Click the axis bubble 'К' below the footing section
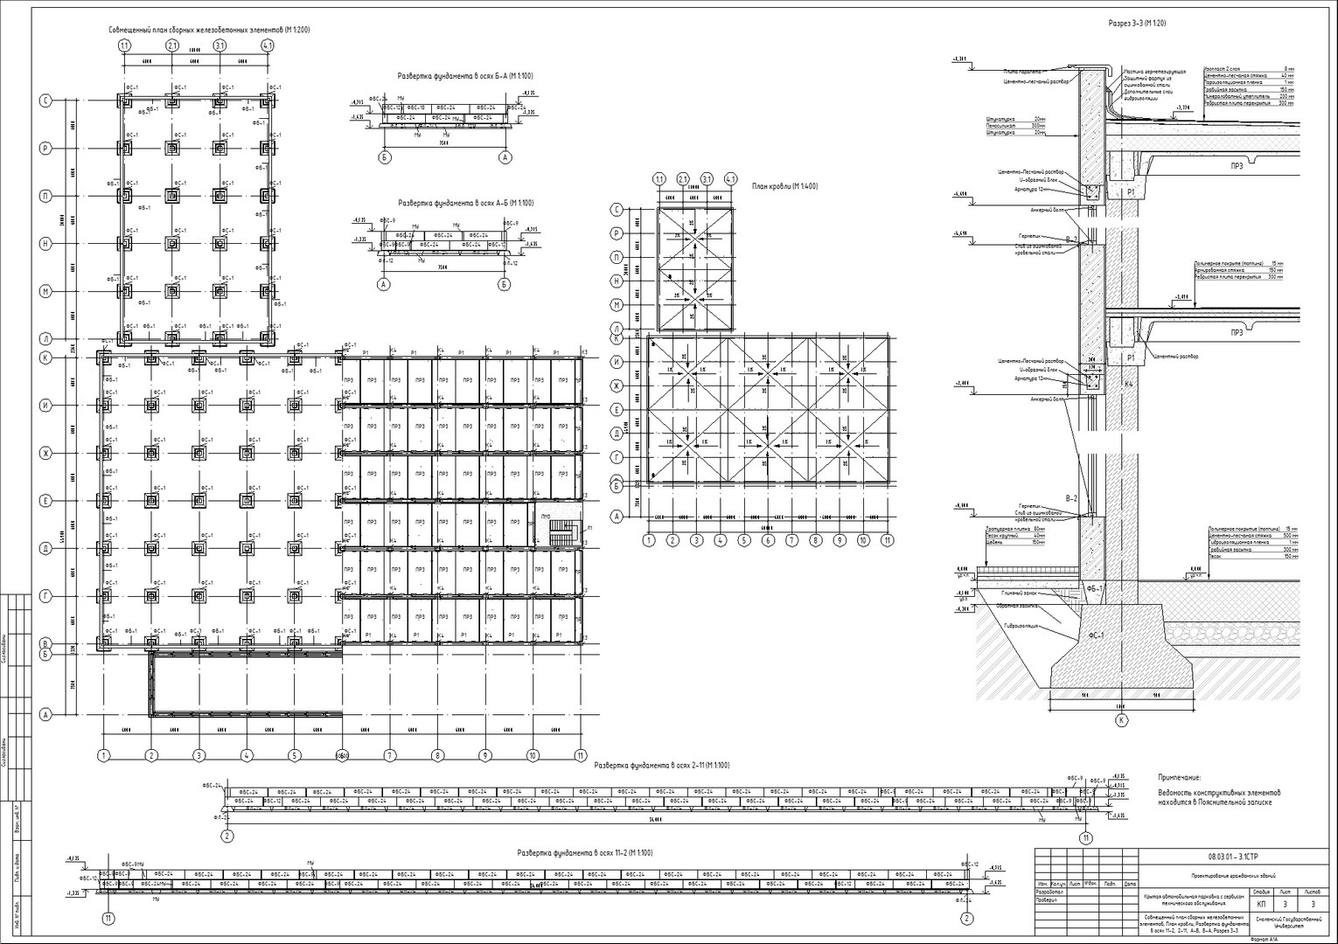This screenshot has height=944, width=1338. point(1120,720)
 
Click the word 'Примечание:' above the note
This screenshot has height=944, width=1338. point(1180,777)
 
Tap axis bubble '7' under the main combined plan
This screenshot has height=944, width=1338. point(389,755)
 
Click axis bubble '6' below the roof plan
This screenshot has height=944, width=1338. point(768,541)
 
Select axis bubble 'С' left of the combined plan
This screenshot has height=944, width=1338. point(45,101)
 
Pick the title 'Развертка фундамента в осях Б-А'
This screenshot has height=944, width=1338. point(464,76)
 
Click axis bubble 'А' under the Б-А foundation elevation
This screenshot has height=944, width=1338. point(505,157)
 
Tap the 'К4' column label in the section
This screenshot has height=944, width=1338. point(1129,384)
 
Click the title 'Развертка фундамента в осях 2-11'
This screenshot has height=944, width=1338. point(661,765)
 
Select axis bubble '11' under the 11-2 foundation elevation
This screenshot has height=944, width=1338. point(108,918)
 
